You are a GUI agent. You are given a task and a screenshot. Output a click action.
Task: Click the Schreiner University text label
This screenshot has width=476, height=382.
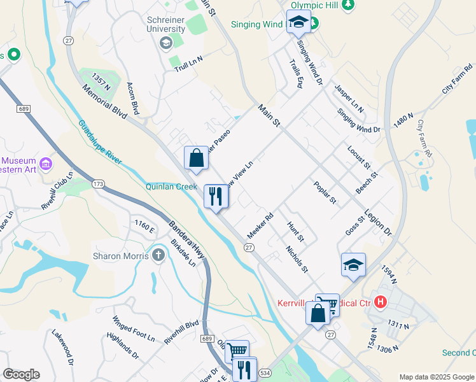166,24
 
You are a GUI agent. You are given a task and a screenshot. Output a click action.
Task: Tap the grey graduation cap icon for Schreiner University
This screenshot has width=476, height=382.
166,43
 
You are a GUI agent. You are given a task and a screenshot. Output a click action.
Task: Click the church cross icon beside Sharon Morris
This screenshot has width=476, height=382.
158,255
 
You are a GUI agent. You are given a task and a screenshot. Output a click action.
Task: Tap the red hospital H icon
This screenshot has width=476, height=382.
381,301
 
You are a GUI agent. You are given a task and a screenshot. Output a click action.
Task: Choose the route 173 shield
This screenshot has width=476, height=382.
97,184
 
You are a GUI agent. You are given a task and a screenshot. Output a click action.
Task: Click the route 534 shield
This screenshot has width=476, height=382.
265,372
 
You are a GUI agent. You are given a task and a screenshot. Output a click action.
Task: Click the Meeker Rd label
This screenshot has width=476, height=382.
260,226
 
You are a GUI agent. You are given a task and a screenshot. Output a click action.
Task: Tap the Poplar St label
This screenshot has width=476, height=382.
325,193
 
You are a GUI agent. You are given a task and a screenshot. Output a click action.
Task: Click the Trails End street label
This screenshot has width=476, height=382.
296,74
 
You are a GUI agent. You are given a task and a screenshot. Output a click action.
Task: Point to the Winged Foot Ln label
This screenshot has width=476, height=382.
134,325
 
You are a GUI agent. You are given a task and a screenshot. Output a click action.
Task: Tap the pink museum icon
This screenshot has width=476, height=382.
45,164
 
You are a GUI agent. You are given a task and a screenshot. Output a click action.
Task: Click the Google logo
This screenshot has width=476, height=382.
21,374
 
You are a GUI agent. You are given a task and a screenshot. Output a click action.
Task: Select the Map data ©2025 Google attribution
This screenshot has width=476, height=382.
436,377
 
